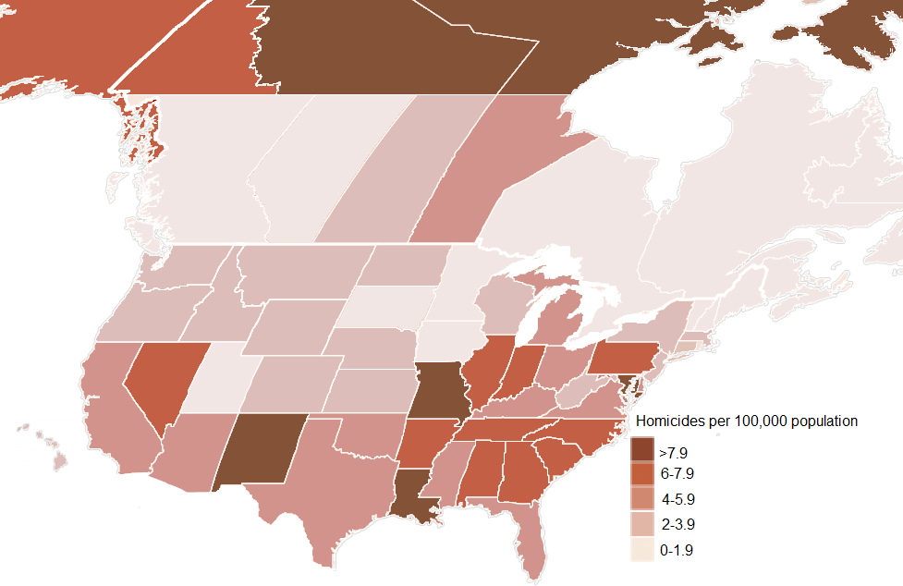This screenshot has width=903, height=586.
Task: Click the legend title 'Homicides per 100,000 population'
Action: pos(747,421)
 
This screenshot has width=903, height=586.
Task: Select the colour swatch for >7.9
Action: pos(642,452)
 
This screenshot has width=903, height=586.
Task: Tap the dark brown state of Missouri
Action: pos(442,388)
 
